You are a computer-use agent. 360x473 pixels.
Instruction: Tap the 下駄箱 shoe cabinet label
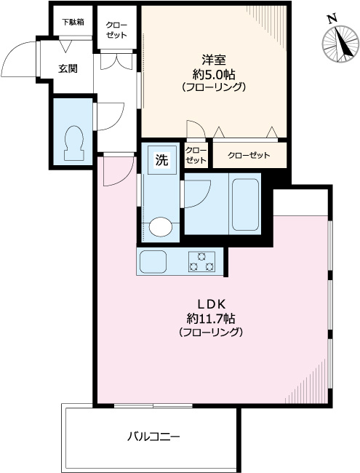(x=71, y=22)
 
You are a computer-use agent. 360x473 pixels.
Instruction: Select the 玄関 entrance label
(x=68, y=69)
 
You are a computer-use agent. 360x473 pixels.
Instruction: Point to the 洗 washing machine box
(x=163, y=160)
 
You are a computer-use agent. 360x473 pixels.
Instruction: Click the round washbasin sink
(x=161, y=228)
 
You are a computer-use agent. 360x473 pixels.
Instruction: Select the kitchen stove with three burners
(x=201, y=261)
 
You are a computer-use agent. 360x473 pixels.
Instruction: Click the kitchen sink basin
(x=153, y=261)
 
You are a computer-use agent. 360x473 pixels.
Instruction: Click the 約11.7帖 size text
(x=210, y=318)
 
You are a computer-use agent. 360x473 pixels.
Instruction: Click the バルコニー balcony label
(x=153, y=437)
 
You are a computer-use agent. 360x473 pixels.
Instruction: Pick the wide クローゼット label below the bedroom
(x=249, y=155)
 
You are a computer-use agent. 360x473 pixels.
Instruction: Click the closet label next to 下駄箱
(x=116, y=29)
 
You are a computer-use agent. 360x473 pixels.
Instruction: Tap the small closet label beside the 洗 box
(x=196, y=154)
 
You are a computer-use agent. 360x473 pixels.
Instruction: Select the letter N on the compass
(x=332, y=20)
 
